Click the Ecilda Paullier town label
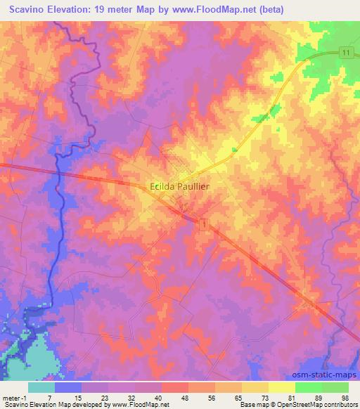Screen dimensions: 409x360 (x=181, y=186)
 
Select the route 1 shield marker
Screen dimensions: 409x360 (x=203, y=223)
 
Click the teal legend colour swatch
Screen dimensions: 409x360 (x=41, y=387)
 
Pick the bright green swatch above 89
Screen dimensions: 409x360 (x=309, y=387)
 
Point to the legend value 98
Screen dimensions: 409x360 (x=344, y=397)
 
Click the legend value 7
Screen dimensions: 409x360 (x=49, y=397)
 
